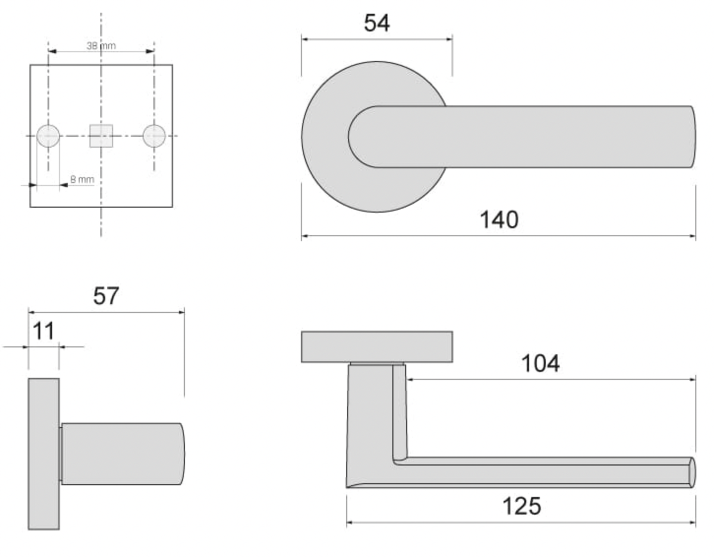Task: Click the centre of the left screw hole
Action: [48, 136]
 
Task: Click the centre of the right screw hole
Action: [154, 136]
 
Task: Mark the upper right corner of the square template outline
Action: [173, 65]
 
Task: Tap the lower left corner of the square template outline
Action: [30, 207]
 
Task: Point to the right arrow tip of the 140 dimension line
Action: [695, 236]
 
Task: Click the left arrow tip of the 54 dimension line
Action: [302, 39]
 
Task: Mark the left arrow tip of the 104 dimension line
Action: [407, 379]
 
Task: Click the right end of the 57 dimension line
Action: [184, 312]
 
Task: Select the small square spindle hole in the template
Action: [101, 136]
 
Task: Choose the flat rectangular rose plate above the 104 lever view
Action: [377, 347]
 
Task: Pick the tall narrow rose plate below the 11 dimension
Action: [44, 454]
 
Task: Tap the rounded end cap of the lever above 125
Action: [692, 472]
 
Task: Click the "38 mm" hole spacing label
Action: [101, 46]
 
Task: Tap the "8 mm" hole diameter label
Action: [82, 180]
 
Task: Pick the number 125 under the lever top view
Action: [522, 506]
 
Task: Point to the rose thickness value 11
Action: [43, 331]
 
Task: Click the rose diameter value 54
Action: [377, 23]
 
